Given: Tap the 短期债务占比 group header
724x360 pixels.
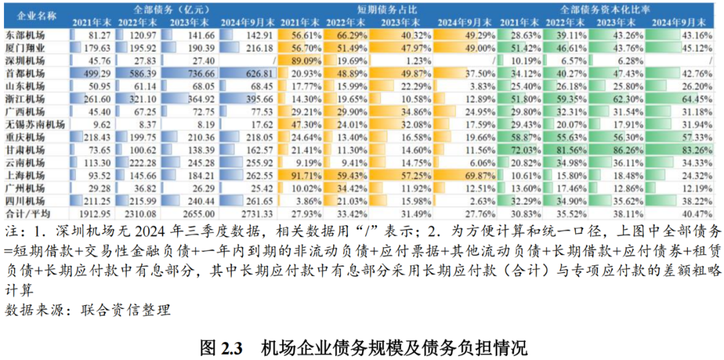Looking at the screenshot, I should click(x=377, y=9).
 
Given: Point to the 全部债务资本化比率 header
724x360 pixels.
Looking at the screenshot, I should click(x=604, y=9).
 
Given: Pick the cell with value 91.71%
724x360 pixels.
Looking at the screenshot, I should click(x=302, y=176).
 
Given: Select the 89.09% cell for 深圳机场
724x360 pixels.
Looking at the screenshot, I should click(x=302, y=60).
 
